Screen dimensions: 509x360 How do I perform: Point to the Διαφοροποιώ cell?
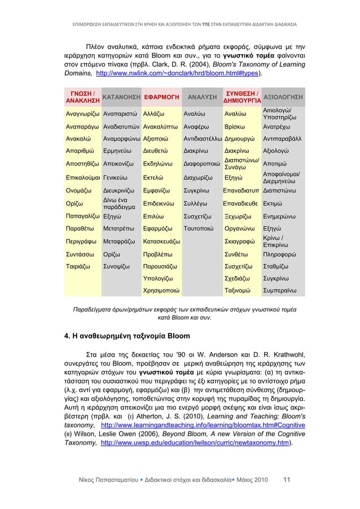[202, 166]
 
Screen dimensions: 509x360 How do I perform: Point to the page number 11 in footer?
[287, 480]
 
